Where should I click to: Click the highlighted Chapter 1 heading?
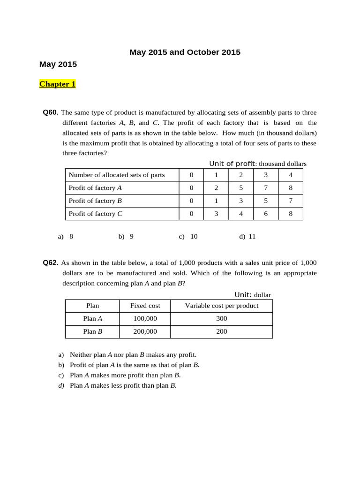click(x=57, y=84)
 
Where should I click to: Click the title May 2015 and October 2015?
click(x=185, y=52)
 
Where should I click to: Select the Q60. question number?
click(x=51, y=112)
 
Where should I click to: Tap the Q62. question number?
click(x=51, y=263)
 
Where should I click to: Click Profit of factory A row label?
click(x=95, y=188)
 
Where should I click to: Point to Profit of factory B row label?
click(x=95, y=201)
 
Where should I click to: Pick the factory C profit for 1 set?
click(x=216, y=214)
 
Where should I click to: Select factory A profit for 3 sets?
click(x=266, y=188)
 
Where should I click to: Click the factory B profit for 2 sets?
click(x=241, y=201)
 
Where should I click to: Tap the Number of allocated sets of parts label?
click(x=117, y=175)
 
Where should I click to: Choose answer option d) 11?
click(x=247, y=237)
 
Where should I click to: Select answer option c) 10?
click(x=188, y=237)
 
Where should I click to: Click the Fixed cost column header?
click(x=145, y=306)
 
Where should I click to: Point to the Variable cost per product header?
click(x=222, y=306)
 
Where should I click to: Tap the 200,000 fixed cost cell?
click(x=145, y=331)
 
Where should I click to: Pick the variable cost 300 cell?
click(x=222, y=319)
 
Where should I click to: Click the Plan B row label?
click(x=93, y=331)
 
